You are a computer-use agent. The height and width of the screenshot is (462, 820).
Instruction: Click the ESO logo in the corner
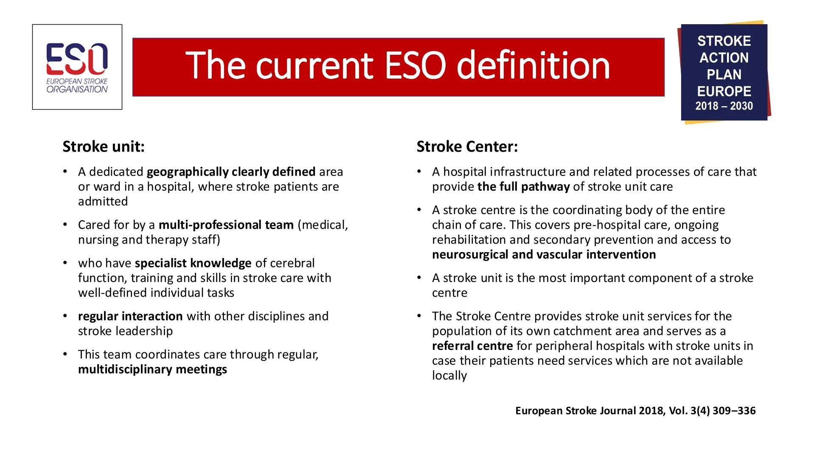77,67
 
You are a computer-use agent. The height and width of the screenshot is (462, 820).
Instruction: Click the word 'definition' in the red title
533,65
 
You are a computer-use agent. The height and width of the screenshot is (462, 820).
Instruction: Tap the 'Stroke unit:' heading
104,147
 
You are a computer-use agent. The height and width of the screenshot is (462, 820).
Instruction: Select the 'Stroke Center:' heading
467,147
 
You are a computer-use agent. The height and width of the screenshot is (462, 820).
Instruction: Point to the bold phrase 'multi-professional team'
226,225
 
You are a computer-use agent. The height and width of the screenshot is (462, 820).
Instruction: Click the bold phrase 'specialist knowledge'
193,264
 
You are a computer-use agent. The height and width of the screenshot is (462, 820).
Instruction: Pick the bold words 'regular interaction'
130,316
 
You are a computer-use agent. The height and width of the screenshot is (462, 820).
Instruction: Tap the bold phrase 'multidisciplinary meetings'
152,369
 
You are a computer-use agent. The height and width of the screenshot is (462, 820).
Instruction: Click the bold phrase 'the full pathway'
523,187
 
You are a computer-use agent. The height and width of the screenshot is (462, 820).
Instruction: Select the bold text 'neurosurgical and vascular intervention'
544,255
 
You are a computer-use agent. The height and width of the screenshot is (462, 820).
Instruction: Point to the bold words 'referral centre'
472,346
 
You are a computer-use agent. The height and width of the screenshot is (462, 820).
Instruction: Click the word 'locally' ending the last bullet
449,376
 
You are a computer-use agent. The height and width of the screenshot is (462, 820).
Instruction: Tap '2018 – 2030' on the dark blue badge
724,106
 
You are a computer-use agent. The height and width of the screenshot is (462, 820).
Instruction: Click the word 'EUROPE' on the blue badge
724,91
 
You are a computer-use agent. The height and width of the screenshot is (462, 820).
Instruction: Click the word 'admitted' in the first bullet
103,201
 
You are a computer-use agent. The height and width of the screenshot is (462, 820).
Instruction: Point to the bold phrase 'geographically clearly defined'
231,172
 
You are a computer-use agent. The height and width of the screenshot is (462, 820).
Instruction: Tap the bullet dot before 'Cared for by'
65,224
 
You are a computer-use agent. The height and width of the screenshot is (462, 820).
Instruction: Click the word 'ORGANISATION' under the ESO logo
77,89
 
